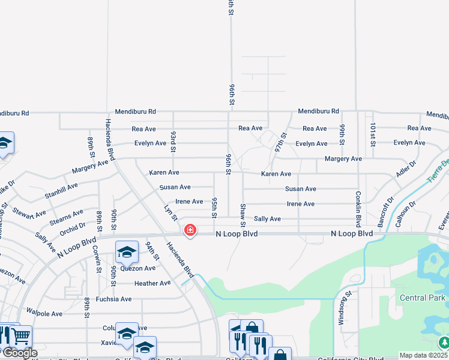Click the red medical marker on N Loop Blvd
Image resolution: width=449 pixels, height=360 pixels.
click(190, 230)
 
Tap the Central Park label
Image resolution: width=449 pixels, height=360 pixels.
click(423, 298)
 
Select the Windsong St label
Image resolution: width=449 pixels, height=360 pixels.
click(341, 310)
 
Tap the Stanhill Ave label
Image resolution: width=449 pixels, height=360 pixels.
click(61, 191)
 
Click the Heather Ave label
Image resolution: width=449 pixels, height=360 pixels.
click(152, 283)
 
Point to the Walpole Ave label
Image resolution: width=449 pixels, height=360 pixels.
click(44, 313)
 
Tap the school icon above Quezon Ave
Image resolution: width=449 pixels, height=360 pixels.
click(127, 253)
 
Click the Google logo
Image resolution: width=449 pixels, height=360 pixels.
click(19, 353)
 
